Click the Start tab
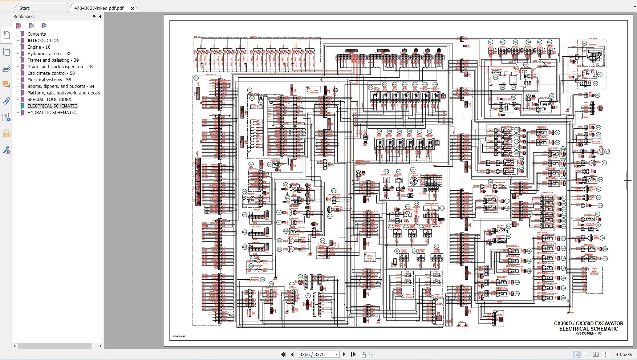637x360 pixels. tap(24, 8)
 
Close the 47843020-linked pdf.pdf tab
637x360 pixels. tap(132, 8)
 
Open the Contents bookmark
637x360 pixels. tap(37, 34)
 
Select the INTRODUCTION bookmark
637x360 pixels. tap(44, 41)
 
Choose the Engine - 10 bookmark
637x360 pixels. tap(39, 47)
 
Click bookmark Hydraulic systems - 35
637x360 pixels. tap(49, 54)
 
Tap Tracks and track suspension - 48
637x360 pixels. tap(60, 67)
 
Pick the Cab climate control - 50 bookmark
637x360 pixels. tap(51, 73)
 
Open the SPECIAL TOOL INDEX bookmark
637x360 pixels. tap(49, 100)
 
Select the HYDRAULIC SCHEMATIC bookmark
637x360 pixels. tap(52, 113)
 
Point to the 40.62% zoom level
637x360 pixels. tap(624, 354)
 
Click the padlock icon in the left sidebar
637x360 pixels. tap(6, 134)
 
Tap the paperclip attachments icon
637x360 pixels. tap(6, 101)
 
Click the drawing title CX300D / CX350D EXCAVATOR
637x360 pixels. tap(588, 323)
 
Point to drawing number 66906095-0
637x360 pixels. tap(179, 336)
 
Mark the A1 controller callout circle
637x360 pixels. tap(196, 78)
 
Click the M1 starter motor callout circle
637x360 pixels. tap(600, 74)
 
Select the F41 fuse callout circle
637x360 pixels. tap(491, 43)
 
